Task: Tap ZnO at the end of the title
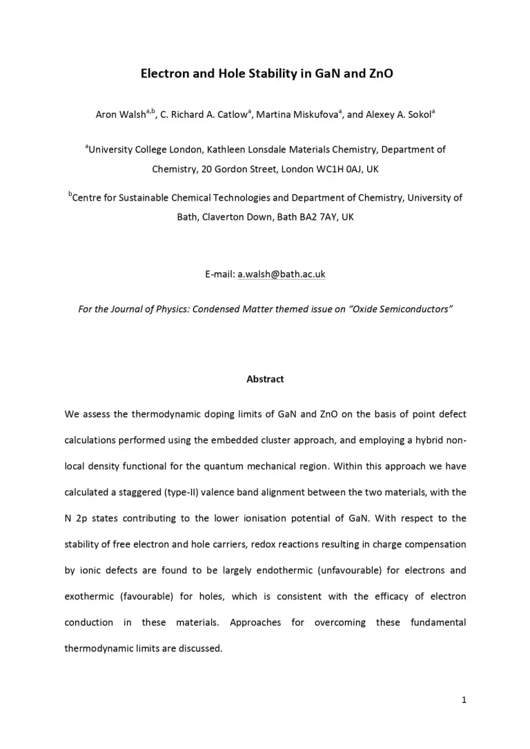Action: tap(380, 72)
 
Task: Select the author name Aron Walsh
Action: tap(119, 115)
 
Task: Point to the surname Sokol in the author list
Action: tap(418, 115)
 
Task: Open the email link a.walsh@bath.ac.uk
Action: tap(282, 274)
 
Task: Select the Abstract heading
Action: tap(265, 379)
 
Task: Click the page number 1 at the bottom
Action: tap(464, 701)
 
